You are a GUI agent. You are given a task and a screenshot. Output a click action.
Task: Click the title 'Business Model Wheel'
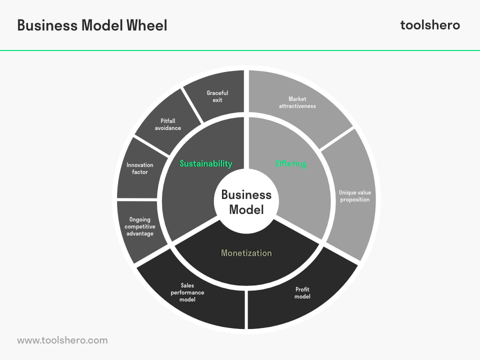pos(92,25)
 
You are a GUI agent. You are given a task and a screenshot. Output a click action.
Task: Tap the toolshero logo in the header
pos(430,25)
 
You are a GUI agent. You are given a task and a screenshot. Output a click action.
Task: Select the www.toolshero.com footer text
pos(62,340)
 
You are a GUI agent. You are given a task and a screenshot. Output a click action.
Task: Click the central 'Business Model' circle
pos(246,201)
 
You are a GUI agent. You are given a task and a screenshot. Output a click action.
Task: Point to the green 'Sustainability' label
pos(206,163)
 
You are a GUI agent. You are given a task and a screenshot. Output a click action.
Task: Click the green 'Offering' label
pos(291,163)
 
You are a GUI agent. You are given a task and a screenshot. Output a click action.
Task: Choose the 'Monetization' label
pos(246,253)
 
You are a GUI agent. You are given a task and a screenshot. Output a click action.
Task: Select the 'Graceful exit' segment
pos(217,96)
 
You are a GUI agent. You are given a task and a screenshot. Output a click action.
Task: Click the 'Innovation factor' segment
pos(139,168)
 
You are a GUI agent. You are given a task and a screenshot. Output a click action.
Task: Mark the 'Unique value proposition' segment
pos(354,195)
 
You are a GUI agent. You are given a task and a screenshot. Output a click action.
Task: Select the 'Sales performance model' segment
pos(187,292)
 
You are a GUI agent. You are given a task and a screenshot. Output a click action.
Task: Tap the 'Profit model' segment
pos(302,293)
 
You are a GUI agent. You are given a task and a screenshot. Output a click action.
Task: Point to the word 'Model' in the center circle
pos(246,210)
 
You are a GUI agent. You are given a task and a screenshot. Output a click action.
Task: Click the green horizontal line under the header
pos(240,50)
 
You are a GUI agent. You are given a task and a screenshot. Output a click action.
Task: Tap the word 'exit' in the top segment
pos(217,100)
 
